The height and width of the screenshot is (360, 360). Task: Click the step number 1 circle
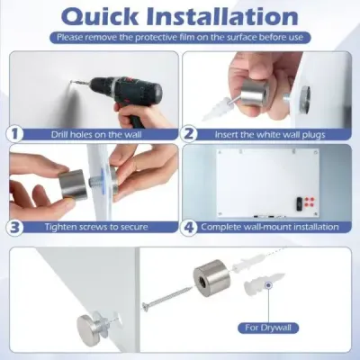coord(14,133)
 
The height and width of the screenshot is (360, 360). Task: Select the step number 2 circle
coord(189,133)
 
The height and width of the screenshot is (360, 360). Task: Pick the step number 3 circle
coord(14,227)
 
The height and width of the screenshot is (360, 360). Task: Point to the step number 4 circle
coord(189,227)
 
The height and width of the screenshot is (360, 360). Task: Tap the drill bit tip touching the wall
coord(70,81)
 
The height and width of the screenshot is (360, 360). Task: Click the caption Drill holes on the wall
coord(96,134)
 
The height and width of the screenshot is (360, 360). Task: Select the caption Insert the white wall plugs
coord(270,134)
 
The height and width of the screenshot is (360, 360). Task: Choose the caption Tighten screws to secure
coord(96,227)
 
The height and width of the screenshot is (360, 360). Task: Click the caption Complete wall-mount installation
coord(270,227)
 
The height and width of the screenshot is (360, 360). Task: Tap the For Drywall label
coord(268,328)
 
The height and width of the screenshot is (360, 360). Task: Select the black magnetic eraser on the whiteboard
coord(299,203)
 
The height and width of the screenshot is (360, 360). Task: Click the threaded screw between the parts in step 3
coord(95,183)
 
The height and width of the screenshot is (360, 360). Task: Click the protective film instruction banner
coord(180,38)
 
